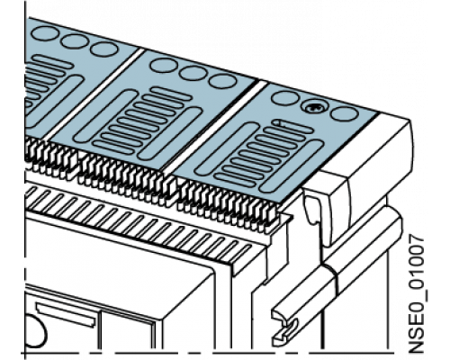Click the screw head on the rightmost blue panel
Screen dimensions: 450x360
[x=314, y=107]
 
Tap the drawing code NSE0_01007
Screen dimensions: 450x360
[x=417, y=294]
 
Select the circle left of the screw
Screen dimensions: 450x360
[x=285, y=98]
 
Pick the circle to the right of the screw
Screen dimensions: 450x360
[x=345, y=113]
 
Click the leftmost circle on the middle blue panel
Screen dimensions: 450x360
[x=164, y=65]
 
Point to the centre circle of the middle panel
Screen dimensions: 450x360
[x=193, y=73]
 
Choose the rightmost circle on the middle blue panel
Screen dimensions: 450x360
[x=223, y=81]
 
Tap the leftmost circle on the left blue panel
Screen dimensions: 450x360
[x=46, y=33]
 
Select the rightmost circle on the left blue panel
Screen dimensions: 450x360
[x=103, y=49]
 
